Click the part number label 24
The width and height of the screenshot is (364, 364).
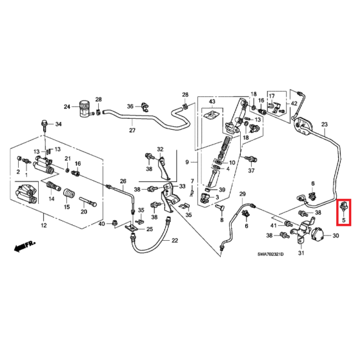67,107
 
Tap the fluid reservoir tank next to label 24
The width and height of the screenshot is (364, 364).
84,106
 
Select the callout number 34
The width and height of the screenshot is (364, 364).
59,124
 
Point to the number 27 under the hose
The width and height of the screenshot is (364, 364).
132,130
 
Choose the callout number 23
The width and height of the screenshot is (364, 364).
324,124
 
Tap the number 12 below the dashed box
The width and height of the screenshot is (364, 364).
43,226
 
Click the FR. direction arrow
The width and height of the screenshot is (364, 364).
24,245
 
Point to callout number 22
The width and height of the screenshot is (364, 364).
175,241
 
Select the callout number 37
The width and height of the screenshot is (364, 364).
251,170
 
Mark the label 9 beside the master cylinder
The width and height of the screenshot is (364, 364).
187,162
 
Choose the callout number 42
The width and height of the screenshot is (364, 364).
294,104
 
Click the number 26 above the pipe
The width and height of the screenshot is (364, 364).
123,181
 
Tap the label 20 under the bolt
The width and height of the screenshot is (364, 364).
84,212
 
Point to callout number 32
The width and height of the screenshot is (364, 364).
160,149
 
